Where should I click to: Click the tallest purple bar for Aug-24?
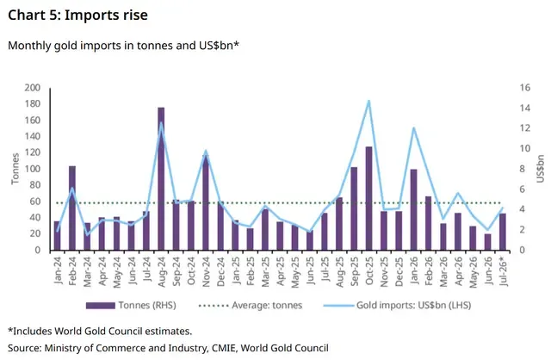tap(161, 179)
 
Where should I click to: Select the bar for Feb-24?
tap(72, 208)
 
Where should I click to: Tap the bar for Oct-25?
tap(368, 198)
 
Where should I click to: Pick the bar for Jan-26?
tap(413, 210)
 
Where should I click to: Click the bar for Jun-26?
tap(488, 242)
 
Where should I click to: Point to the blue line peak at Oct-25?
tap(368, 101)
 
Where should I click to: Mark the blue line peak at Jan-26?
tap(413, 127)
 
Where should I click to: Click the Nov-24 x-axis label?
tap(206, 271)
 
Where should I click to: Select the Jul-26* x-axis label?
tap(503, 271)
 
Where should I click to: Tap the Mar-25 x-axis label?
tap(265, 271)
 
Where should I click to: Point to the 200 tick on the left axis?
tap(33, 88)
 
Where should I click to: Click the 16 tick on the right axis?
tap(525, 88)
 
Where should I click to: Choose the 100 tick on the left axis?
tap(33, 169)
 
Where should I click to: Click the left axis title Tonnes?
tap(15, 169)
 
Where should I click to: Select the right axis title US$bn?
tap(540, 169)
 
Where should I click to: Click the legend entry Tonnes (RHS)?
tap(131, 305)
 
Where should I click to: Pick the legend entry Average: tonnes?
tap(251, 305)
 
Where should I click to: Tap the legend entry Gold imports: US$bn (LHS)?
tap(398, 305)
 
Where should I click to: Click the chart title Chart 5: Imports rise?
tap(77, 16)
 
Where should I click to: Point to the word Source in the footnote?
tap(24, 348)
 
